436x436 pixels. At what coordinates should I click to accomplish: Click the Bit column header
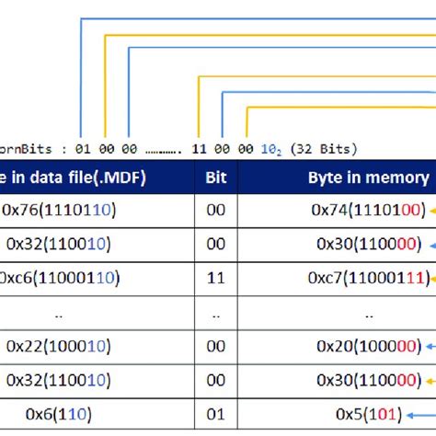point(215,178)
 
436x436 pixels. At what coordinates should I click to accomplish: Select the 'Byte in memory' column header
point(368,178)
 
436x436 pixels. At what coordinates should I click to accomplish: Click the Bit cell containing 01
point(215,413)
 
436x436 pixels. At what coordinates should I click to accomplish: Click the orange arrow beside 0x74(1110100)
point(429,211)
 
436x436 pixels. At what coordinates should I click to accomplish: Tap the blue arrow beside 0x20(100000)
point(429,346)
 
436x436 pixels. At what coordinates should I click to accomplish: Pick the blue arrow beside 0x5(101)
point(429,413)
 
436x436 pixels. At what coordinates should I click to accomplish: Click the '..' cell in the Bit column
point(215,313)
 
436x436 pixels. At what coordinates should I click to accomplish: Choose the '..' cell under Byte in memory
point(367,313)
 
